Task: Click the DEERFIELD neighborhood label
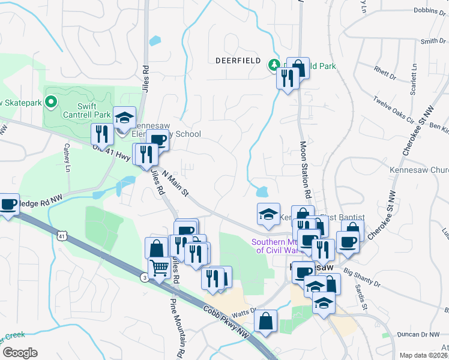tap(238, 61)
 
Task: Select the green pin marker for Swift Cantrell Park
tap(50, 103)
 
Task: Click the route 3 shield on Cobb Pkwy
tap(144, 277)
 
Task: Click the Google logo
tap(20, 352)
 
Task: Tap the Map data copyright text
tap(424, 355)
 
